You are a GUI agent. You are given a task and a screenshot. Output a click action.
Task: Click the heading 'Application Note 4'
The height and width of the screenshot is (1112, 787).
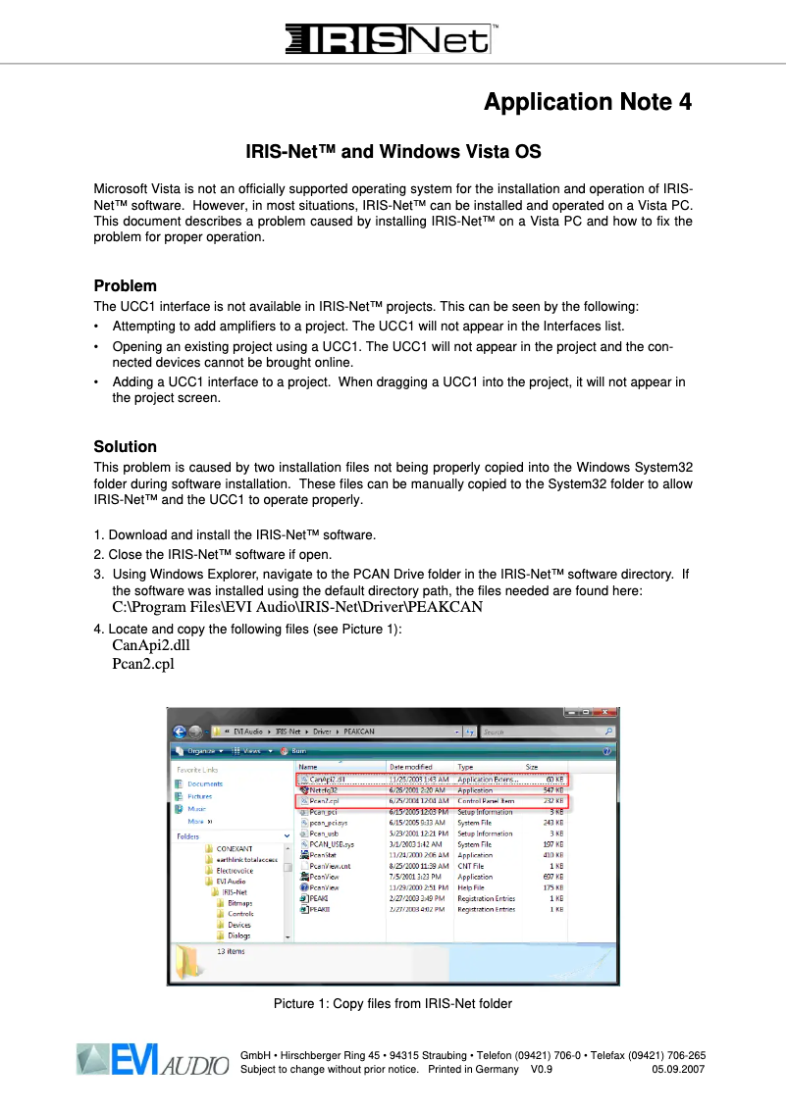click(588, 102)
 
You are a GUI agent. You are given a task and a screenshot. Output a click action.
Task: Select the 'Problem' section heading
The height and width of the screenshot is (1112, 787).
click(125, 286)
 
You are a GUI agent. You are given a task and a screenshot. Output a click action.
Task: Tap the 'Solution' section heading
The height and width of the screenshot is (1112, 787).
click(125, 447)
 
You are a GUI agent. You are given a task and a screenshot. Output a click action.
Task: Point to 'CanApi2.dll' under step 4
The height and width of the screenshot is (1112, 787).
click(150, 645)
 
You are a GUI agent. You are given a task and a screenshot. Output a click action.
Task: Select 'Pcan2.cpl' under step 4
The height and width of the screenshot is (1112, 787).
click(142, 664)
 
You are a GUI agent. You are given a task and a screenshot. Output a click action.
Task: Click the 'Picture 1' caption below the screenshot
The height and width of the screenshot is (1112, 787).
click(393, 1003)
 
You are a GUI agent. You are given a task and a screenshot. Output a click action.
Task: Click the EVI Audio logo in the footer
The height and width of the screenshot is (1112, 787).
click(152, 1061)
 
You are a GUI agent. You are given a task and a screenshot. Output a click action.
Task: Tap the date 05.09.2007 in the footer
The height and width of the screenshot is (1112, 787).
click(679, 1069)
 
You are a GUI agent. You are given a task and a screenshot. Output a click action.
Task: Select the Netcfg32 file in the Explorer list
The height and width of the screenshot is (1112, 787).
click(323, 789)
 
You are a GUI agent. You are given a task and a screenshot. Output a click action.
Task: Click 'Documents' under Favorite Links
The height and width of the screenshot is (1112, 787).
click(205, 783)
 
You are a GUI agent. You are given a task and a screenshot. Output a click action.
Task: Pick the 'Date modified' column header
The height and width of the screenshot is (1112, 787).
click(410, 767)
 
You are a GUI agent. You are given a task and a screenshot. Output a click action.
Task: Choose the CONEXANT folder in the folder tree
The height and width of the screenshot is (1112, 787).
click(235, 848)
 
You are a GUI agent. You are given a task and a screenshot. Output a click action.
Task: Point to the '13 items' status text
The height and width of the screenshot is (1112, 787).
click(230, 951)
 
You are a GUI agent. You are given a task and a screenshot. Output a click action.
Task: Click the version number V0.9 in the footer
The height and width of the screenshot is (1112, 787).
click(542, 1069)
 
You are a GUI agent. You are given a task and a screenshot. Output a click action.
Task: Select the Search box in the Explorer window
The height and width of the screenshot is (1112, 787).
click(545, 732)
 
